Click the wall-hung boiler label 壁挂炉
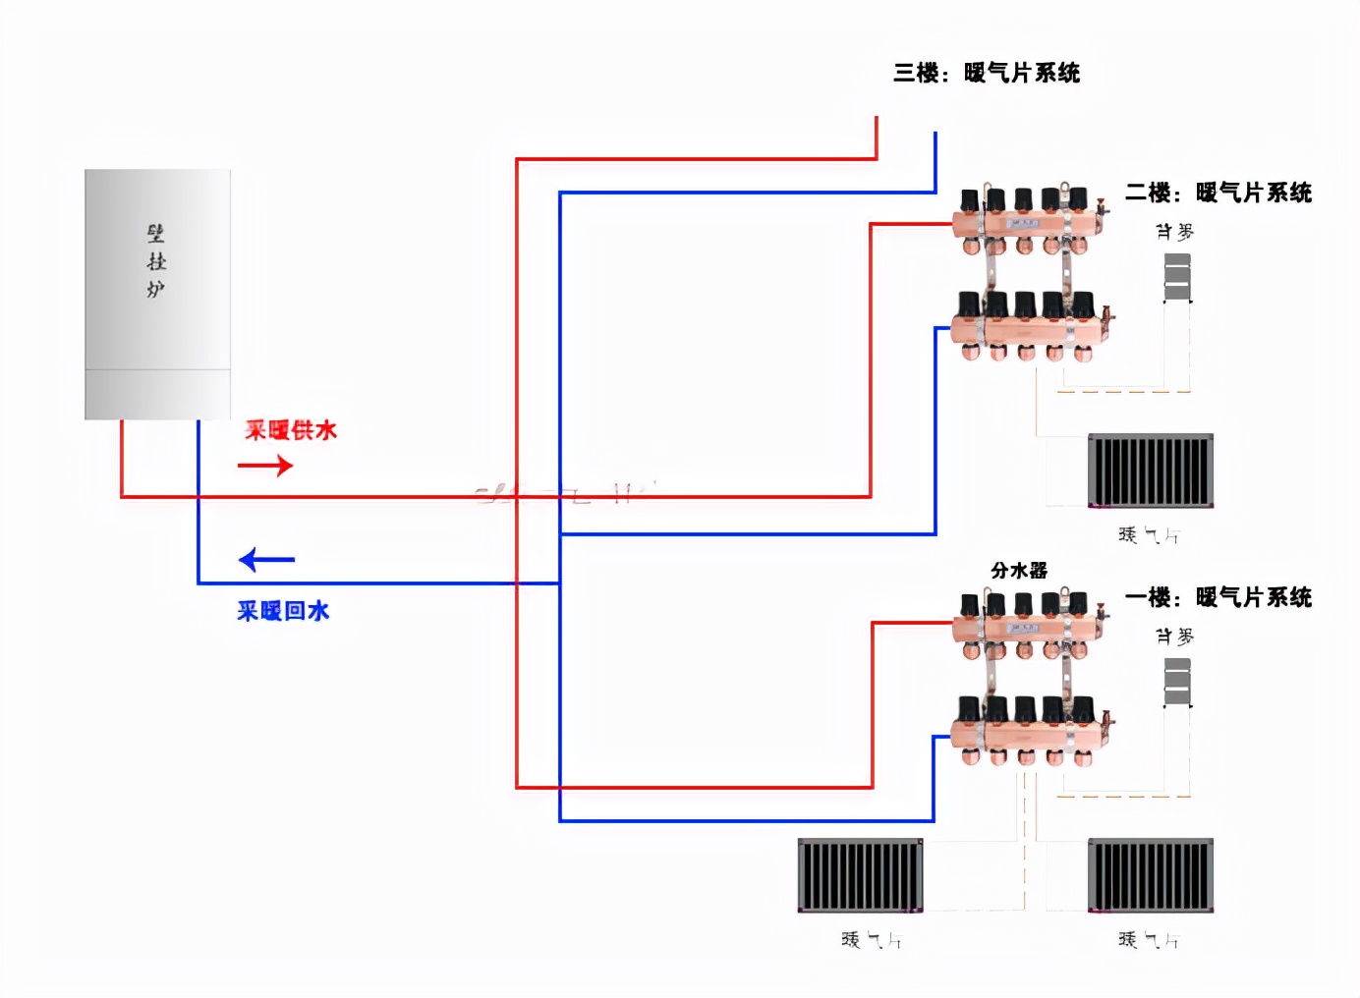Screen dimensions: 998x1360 (156, 261)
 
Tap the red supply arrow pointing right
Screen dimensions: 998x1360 (265, 466)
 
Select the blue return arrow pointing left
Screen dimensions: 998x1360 (266, 560)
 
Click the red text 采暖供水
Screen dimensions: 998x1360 (291, 430)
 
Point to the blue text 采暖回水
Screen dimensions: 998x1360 (283, 611)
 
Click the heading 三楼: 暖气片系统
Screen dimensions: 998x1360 (986, 73)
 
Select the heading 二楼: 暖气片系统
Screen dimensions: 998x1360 (1218, 193)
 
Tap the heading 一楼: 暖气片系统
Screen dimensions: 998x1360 (1218, 597)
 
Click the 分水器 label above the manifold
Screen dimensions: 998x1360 (1019, 571)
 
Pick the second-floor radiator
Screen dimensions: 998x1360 (1151, 471)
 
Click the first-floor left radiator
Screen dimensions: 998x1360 (860, 875)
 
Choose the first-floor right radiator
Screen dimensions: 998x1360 (1151, 875)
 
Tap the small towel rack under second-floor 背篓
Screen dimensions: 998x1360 (1177, 277)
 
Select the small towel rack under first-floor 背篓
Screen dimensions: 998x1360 (1177, 682)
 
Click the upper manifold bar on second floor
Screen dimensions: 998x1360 (1027, 226)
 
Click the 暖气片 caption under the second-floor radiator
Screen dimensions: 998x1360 (1149, 535)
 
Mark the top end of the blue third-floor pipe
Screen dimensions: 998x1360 (935, 135)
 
